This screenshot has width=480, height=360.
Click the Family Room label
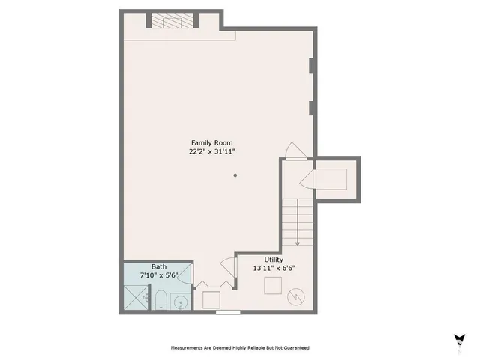[211, 142]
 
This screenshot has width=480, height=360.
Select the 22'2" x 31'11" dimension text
[211, 151]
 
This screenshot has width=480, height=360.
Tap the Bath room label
[159, 266]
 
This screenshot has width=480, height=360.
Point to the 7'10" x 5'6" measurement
[159, 274]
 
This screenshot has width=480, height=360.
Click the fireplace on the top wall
[173, 20]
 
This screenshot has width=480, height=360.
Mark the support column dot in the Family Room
[235, 175]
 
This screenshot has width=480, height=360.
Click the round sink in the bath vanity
[181, 301]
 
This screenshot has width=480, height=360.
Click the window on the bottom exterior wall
[228, 311]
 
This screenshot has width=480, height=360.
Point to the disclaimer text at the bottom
[240, 348]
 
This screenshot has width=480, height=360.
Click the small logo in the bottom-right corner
[458, 340]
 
